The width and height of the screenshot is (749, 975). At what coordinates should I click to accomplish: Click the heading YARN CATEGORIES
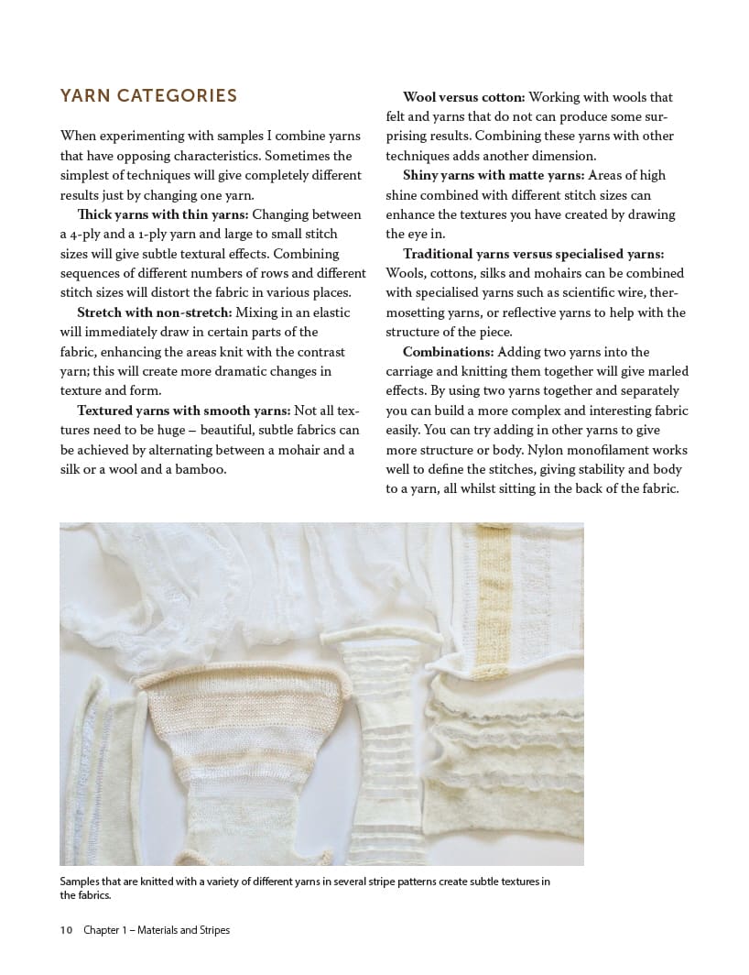click(148, 96)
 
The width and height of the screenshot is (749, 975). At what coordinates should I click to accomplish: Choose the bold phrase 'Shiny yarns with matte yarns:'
click(494, 175)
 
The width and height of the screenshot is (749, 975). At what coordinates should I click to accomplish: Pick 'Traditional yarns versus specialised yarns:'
click(534, 254)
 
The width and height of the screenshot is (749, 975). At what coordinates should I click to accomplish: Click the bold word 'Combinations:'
click(446, 352)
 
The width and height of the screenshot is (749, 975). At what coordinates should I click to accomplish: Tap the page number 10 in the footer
click(66, 930)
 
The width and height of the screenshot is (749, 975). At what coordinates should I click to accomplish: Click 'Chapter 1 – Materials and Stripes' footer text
click(157, 930)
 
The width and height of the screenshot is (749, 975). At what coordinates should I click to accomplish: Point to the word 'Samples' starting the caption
click(81, 882)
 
